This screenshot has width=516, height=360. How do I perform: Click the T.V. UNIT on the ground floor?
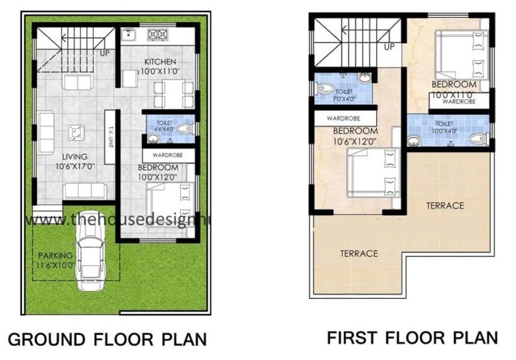click(x=110, y=133)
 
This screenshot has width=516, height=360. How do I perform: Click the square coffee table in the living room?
click(x=75, y=132)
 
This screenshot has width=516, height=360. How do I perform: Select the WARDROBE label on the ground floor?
click(x=166, y=153)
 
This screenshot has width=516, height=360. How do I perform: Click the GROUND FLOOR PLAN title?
click(x=107, y=337)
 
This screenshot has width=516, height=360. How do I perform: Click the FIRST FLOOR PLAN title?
click(x=412, y=336)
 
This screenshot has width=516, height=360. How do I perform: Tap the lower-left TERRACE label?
click(x=359, y=253)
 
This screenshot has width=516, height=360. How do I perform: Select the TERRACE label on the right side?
click(x=445, y=206)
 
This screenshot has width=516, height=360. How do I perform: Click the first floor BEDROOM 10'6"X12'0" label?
click(x=355, y=136)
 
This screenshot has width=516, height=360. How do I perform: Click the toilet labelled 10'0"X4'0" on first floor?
click(x=448, y=130)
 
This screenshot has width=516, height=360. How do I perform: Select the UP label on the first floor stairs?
click(x=389, y=47)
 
